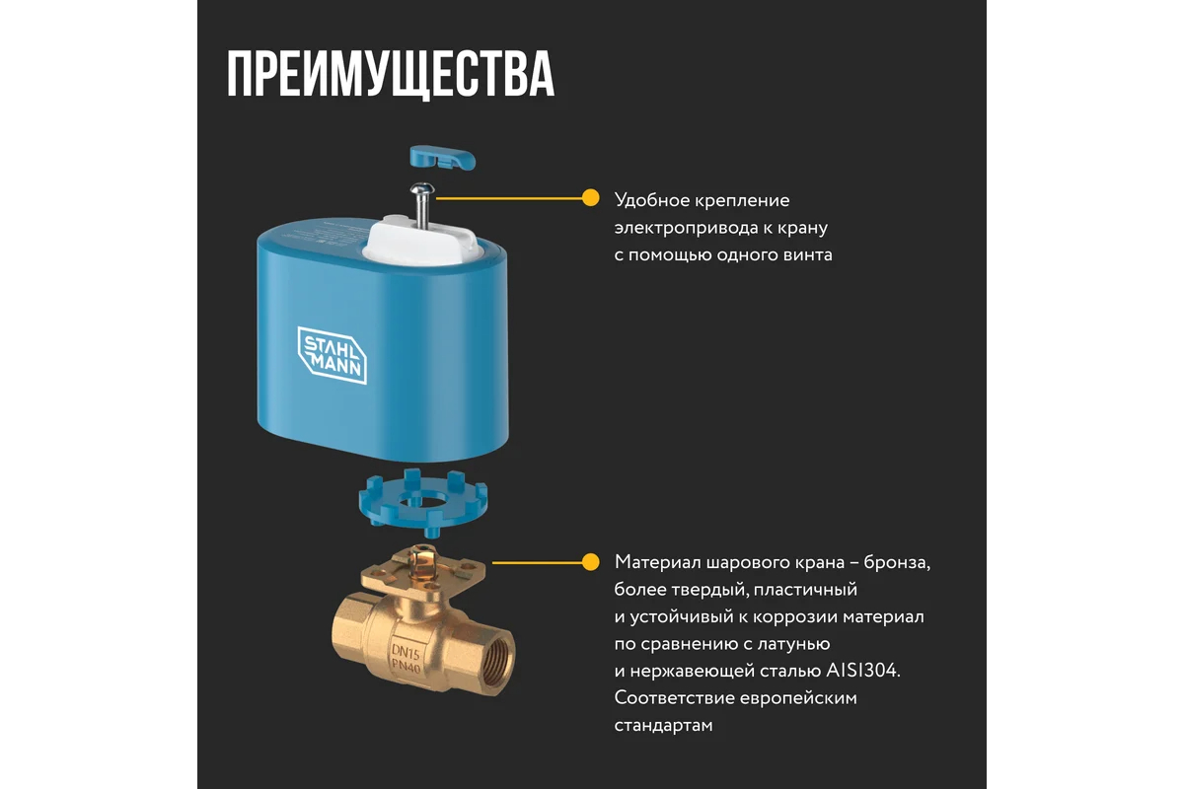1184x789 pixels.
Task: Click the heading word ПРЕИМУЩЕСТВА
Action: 391,75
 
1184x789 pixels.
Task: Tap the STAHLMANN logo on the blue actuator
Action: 332,355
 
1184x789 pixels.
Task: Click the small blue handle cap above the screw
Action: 443,158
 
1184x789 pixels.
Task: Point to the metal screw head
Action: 422,188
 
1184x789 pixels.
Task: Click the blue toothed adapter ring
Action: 423,502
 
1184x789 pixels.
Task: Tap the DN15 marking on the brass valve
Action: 406,653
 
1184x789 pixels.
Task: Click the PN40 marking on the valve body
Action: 406,667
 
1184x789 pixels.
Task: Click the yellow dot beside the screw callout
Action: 590,198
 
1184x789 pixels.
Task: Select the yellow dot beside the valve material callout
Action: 590,562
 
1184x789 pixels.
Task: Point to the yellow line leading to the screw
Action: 509,198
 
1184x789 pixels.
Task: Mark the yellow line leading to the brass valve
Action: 537,563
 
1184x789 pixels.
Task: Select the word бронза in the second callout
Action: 897,562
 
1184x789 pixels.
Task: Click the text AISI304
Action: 862,671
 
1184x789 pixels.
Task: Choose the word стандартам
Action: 663,726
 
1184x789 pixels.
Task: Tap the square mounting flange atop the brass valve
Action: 423,573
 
